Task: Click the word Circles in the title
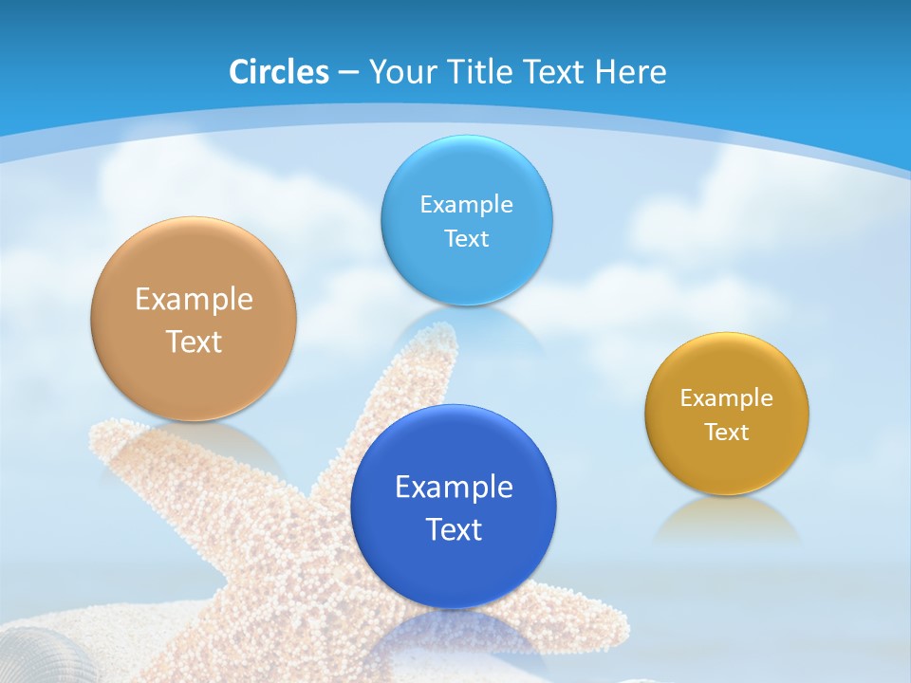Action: (x=278, y=72)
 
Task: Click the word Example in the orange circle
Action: (x=194, y=300)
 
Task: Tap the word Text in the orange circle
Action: (x=194, y=341)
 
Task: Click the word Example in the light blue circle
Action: (x=466, y=205)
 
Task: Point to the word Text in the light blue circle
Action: (x=466, y=239)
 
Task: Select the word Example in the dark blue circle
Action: (x=454, y=488)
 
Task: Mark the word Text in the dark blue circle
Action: (x=454, y=529)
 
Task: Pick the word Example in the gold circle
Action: (x=727, y=398)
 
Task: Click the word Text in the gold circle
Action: (x=727, y=433)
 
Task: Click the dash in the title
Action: (x=347, y=73)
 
